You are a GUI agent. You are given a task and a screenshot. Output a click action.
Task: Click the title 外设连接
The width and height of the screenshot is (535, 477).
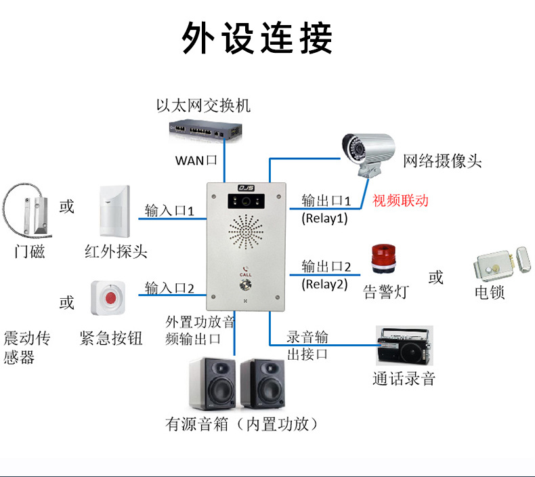257,39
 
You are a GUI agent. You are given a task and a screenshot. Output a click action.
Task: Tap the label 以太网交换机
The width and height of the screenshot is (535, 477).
203,106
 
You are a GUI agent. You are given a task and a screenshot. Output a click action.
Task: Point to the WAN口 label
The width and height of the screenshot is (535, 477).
196,161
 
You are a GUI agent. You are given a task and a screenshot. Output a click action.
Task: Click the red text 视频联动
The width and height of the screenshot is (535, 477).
400,201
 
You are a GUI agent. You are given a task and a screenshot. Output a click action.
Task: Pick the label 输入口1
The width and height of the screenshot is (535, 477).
170,211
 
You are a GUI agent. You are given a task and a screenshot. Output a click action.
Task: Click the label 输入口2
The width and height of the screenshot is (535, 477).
170,289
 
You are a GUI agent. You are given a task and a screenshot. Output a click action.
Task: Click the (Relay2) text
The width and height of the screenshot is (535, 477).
324,284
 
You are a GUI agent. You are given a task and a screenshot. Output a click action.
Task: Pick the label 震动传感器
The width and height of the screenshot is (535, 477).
28,348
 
